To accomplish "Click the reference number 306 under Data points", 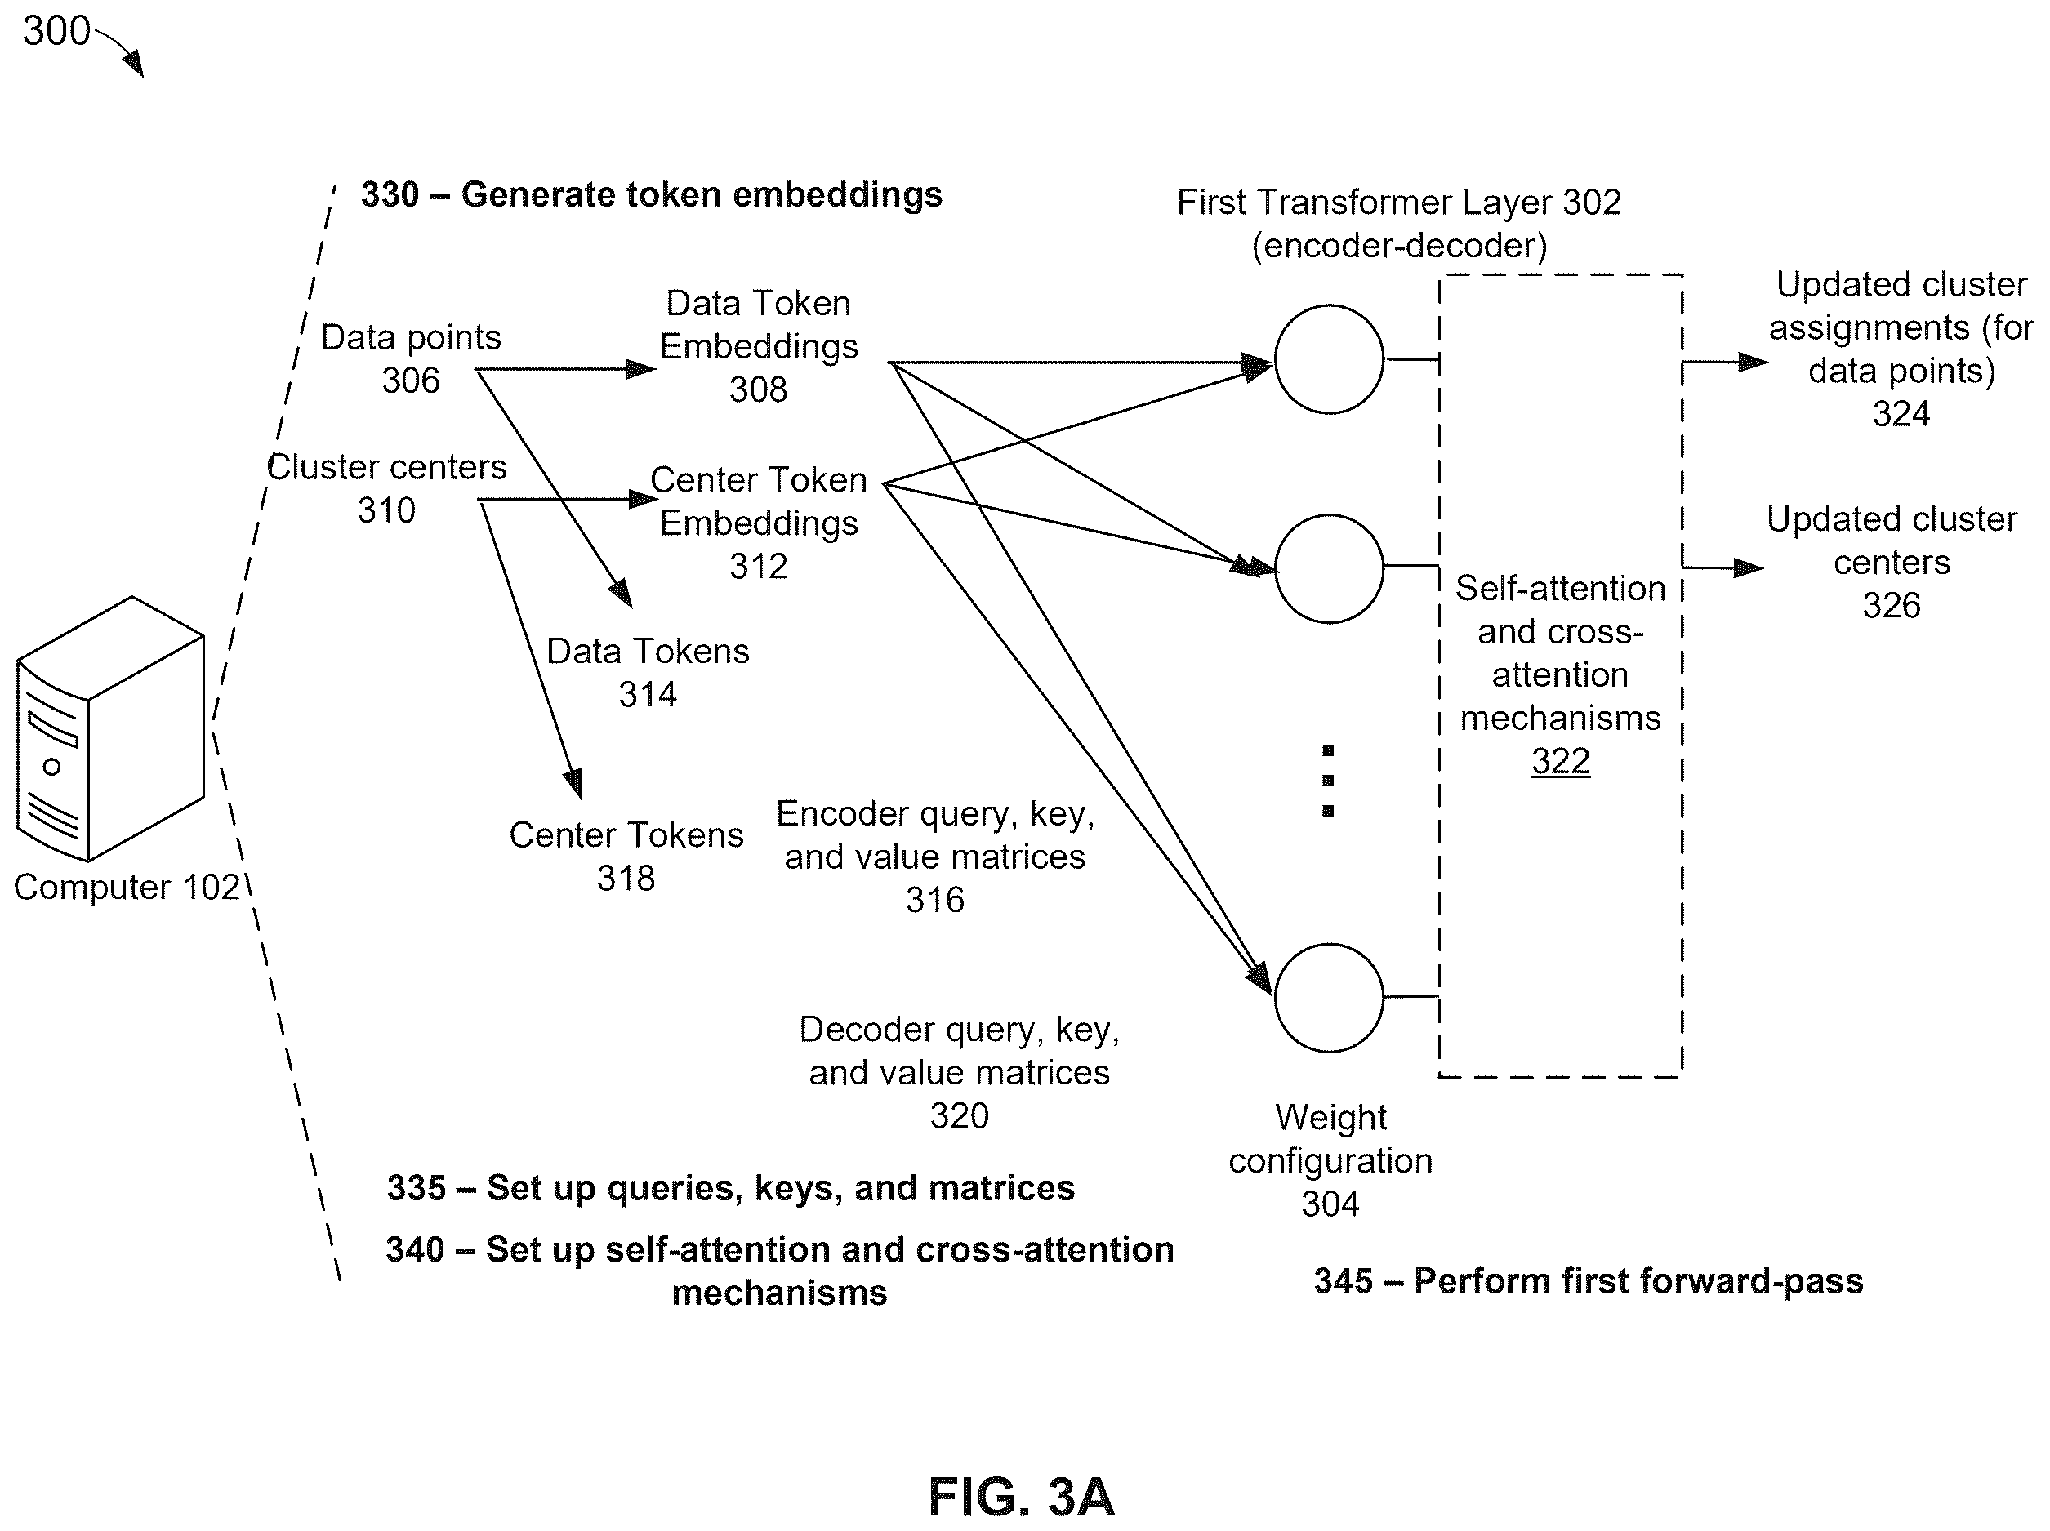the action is point(411,380).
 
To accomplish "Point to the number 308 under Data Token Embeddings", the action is point(758,389).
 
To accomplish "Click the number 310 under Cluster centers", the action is point(386,510).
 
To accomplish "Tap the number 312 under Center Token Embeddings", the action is point(758,566).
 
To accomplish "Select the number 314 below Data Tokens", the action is point(648,694).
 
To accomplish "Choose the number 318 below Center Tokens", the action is point(626,878).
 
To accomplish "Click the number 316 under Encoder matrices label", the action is point(935,900).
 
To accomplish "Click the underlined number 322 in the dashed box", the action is point(1561,762).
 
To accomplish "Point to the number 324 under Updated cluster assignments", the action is point(1901,413).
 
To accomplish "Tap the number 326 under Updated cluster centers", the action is point(1892,605).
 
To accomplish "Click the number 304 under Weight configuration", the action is point(1330,1204).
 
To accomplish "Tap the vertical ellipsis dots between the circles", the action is point(1328,781).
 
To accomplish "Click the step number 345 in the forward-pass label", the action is point(1344,1281).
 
